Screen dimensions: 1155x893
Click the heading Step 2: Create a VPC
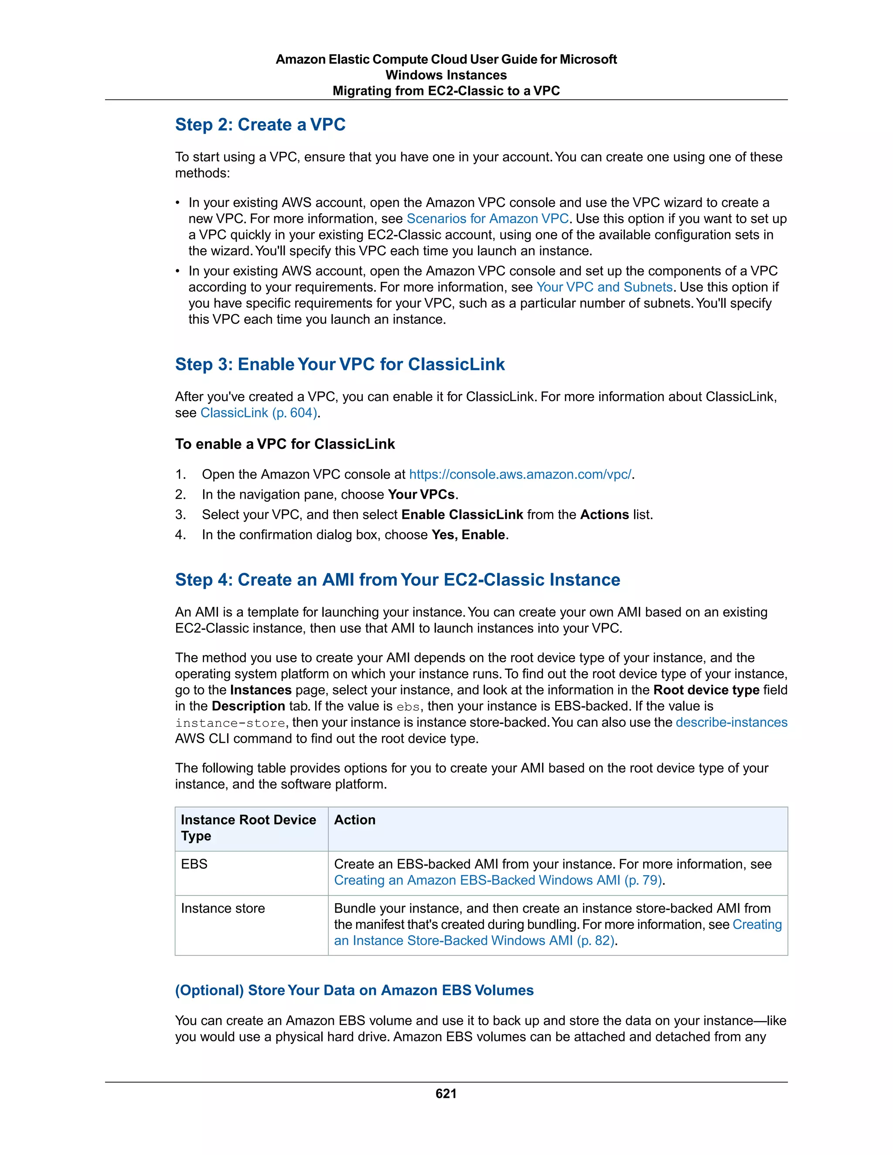(x=260, y=125)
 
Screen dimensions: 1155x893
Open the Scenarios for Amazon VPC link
(x=487, y=219)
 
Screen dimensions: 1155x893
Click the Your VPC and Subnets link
(x=604, y=287)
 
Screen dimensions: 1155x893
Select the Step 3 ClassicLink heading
(x=340, y=364)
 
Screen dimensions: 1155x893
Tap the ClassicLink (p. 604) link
(x=259, y=413)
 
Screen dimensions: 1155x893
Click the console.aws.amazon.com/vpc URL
(x=520, y=474)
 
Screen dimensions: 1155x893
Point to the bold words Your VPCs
(x=421, y=495)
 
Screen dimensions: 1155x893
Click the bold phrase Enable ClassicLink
(x=462, y=515)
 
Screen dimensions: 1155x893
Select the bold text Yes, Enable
(x=468, y=535)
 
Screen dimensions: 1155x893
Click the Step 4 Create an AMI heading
(x=397, y=580)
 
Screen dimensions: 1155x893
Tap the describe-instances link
(x=731, y=722)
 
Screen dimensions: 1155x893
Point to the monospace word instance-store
(x=231, y=723)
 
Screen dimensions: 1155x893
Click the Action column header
(x=354, y=820)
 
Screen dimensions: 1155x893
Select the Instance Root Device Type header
(x=248, y=828)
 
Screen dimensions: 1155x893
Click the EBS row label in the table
(x=194, y=864)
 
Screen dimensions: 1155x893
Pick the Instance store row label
(x=223, y=909)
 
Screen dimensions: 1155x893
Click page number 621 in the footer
(x=446, y=1094)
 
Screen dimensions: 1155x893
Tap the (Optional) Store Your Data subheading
(x=354, y=991)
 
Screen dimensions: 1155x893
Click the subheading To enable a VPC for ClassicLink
(x=285, y=444)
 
